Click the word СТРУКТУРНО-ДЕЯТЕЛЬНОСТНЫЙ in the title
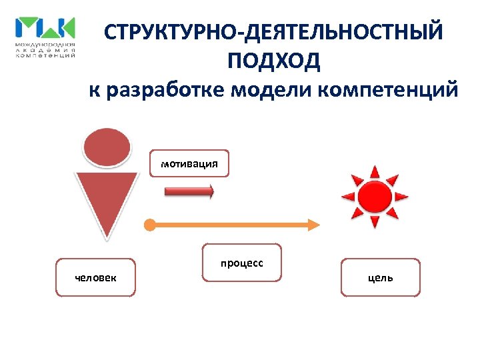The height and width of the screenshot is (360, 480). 273,33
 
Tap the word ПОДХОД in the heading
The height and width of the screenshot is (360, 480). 273,61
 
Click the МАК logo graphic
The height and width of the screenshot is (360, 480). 45,29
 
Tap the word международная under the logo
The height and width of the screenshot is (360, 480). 45,44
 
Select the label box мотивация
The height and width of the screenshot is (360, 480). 189,163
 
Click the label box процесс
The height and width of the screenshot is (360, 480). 242,263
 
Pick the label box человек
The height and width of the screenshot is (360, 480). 95,277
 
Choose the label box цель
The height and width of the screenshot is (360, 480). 381,277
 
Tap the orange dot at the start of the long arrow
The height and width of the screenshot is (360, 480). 150,225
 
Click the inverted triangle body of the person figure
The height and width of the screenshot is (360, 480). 107,200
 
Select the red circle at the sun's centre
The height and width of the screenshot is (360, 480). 375,197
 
